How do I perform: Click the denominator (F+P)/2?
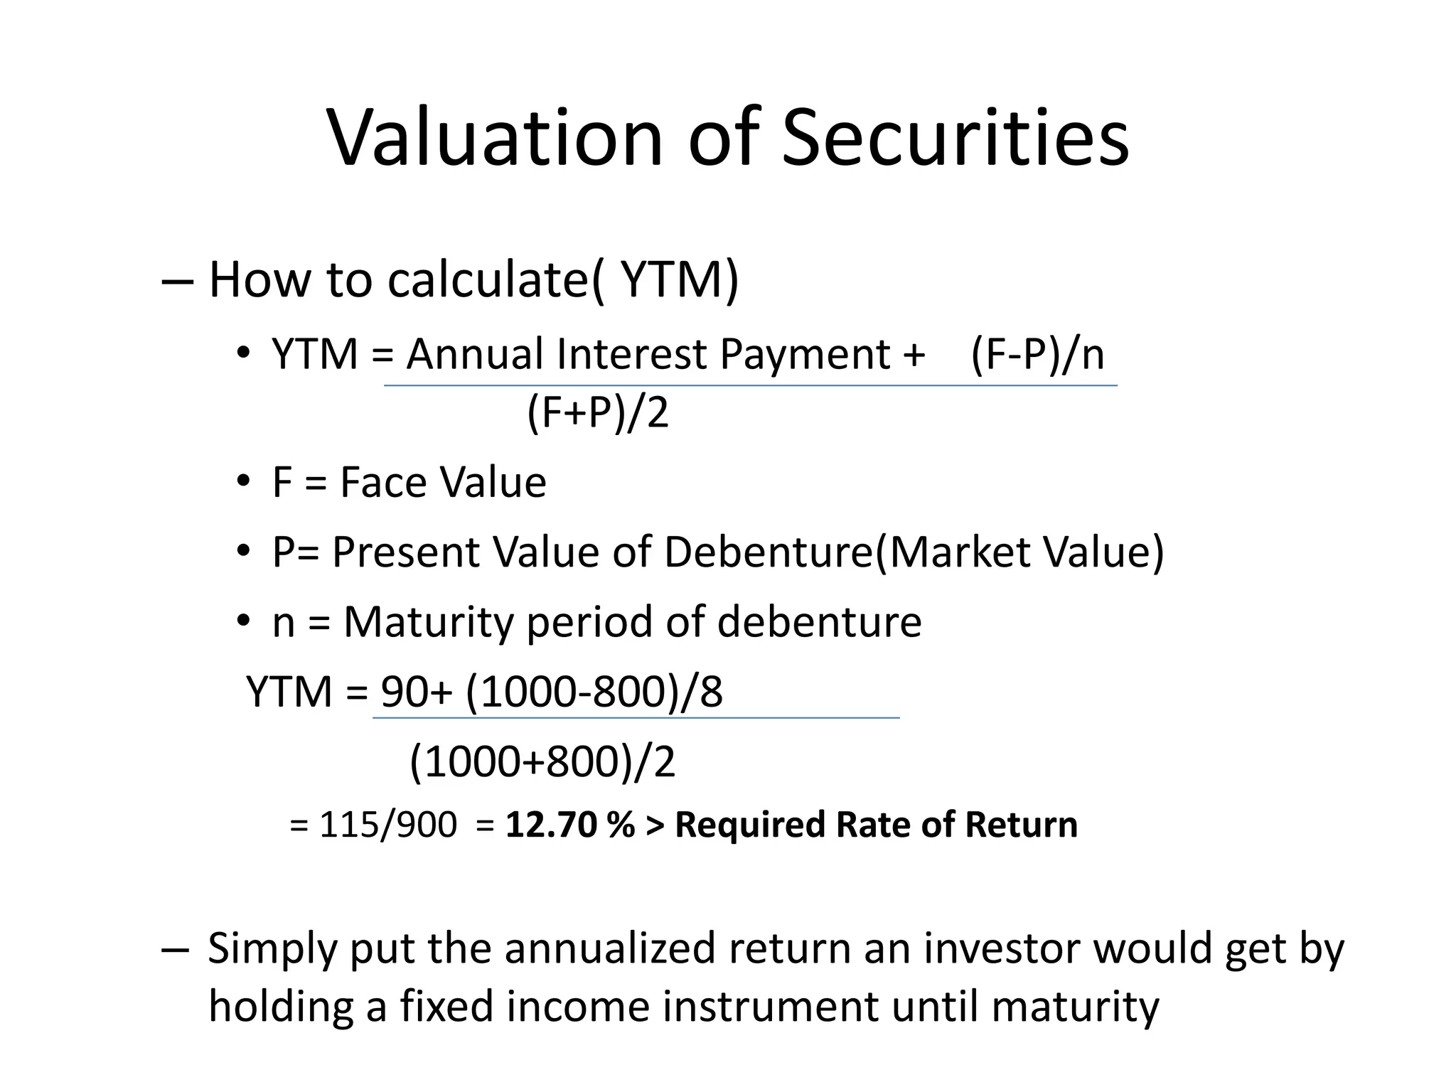[x=598, y=412]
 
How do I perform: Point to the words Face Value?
[x=443, y=482]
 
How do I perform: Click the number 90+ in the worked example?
[x=416, y=691]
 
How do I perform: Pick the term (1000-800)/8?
[x=594, y=691]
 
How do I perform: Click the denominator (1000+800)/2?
[x=542, y=761]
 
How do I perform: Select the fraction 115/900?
[x=387, y=825]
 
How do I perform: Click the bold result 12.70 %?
[x=569, y=825]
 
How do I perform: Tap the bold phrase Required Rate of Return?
[x=876, y=825]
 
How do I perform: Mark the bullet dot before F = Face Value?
[x=244, y=482]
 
